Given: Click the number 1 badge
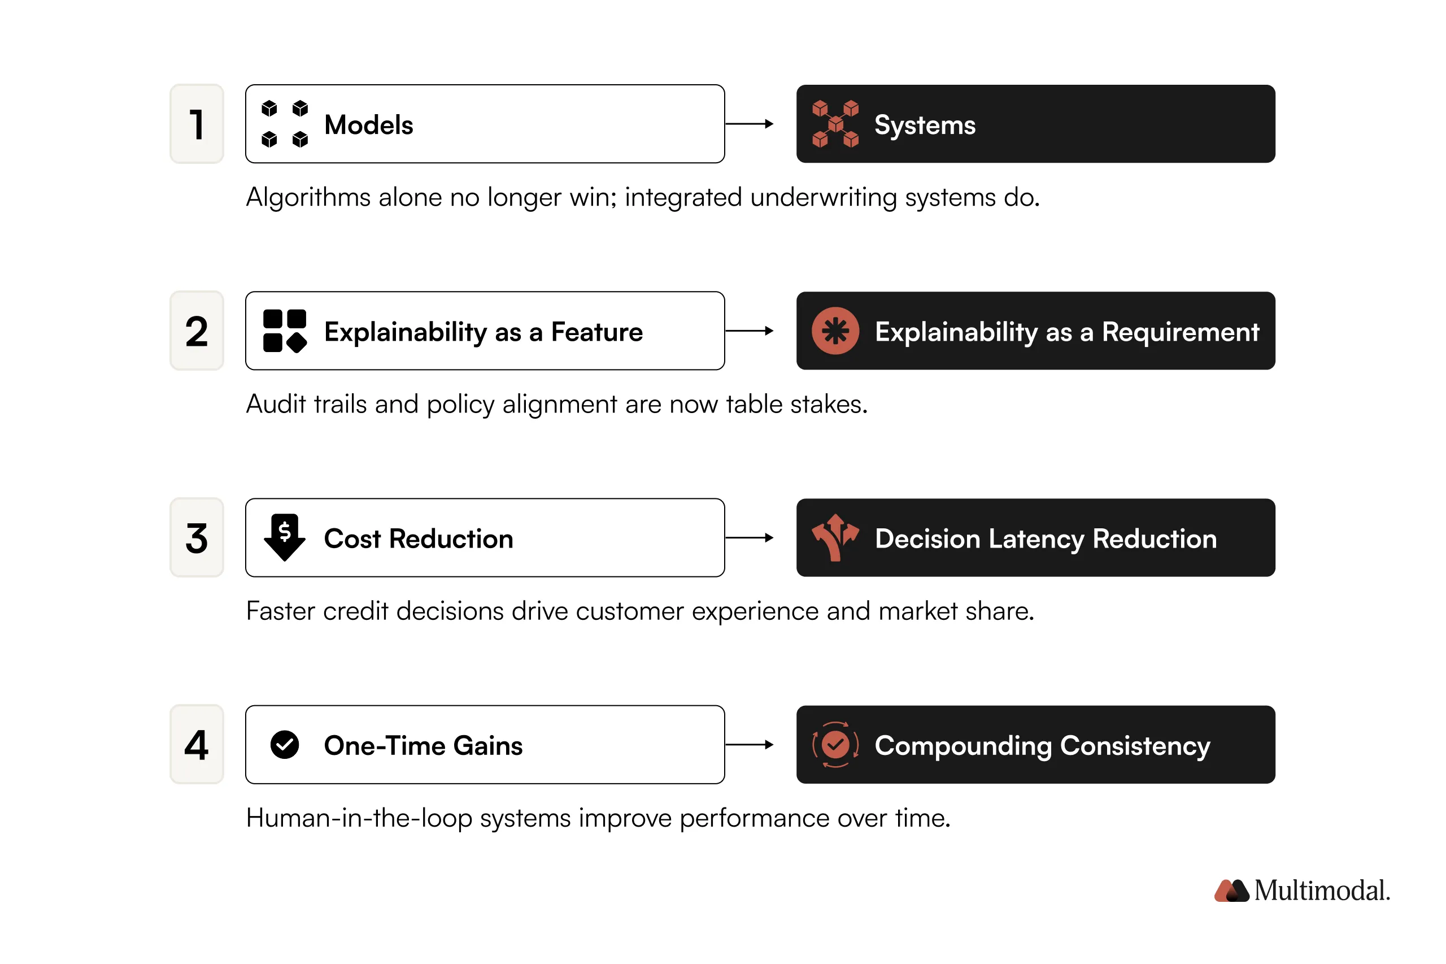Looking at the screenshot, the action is tap(197, 124).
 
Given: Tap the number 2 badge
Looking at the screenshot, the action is tap(197, 331).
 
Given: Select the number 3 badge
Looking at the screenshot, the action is tap(197, 538).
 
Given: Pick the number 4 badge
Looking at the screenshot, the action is tap(197, 745).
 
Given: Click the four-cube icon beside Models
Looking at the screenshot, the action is tap(285, 124).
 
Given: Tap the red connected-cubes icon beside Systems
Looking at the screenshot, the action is tap(835, 124).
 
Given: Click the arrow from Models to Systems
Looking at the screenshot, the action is tap(749, 124).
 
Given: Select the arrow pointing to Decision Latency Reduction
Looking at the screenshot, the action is tap(749, 538).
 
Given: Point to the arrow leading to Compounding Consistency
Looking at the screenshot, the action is tap(749, 745).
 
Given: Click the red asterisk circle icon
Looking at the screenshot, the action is tap(835, 331).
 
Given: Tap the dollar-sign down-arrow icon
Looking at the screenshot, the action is tap(285, 537).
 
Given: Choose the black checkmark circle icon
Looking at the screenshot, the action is tap(285, 745).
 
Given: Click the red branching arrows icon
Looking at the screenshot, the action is tap(835, 537).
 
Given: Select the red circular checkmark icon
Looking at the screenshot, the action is tap(835, 745).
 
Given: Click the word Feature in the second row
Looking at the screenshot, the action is tap(596, 332).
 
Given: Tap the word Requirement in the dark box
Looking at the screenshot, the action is tap(1180, 332).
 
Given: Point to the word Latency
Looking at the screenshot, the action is tap(1036, 539).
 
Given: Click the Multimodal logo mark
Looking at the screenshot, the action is tap(1231, 890).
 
